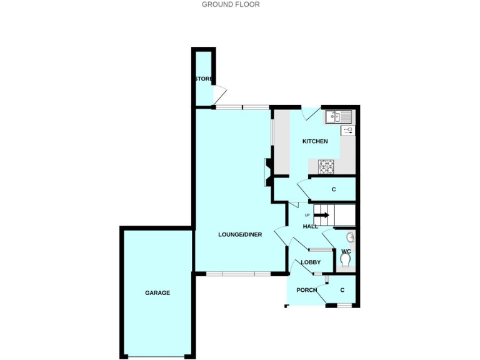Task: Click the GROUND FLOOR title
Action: point(231,4)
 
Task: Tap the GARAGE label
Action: point(157,292)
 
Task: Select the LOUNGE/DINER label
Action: point(240,234)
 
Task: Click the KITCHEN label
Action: point(315,141)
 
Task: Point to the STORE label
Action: point(203,79)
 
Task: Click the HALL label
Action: point(311,226)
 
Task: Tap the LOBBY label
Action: point(311,262)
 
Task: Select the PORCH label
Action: point(307,290)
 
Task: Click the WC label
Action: point(346,251)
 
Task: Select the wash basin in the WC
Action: point(351,237)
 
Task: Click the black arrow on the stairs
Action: point(322,215)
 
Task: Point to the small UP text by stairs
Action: point(307,215)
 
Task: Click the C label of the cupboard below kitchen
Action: point(334,189)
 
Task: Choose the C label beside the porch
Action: point(342,290)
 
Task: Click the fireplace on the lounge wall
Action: point(267,172)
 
